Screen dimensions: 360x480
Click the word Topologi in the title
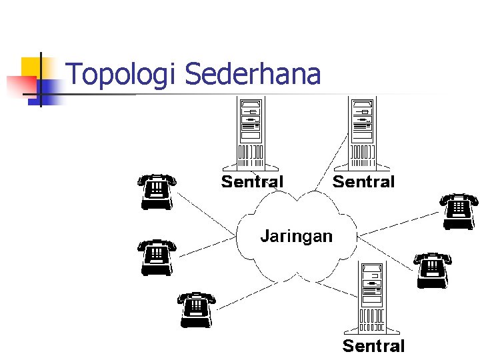click(123, 75)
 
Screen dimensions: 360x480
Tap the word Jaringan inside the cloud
click(295, 235)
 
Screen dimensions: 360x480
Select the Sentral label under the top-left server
click(252, 181)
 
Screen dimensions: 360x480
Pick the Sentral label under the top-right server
click(363, 181)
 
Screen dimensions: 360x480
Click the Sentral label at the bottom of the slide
click(373, 345)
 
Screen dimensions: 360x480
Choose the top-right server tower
click(363, 133)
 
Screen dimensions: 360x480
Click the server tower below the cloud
click(372, 298)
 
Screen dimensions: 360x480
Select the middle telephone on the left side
click(157, 257)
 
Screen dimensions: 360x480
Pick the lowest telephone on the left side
click(196, 309)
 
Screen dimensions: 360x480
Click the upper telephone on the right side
click(459, 211)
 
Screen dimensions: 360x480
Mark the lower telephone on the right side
click(432, 269)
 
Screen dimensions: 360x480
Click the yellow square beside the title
click(33, 67)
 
